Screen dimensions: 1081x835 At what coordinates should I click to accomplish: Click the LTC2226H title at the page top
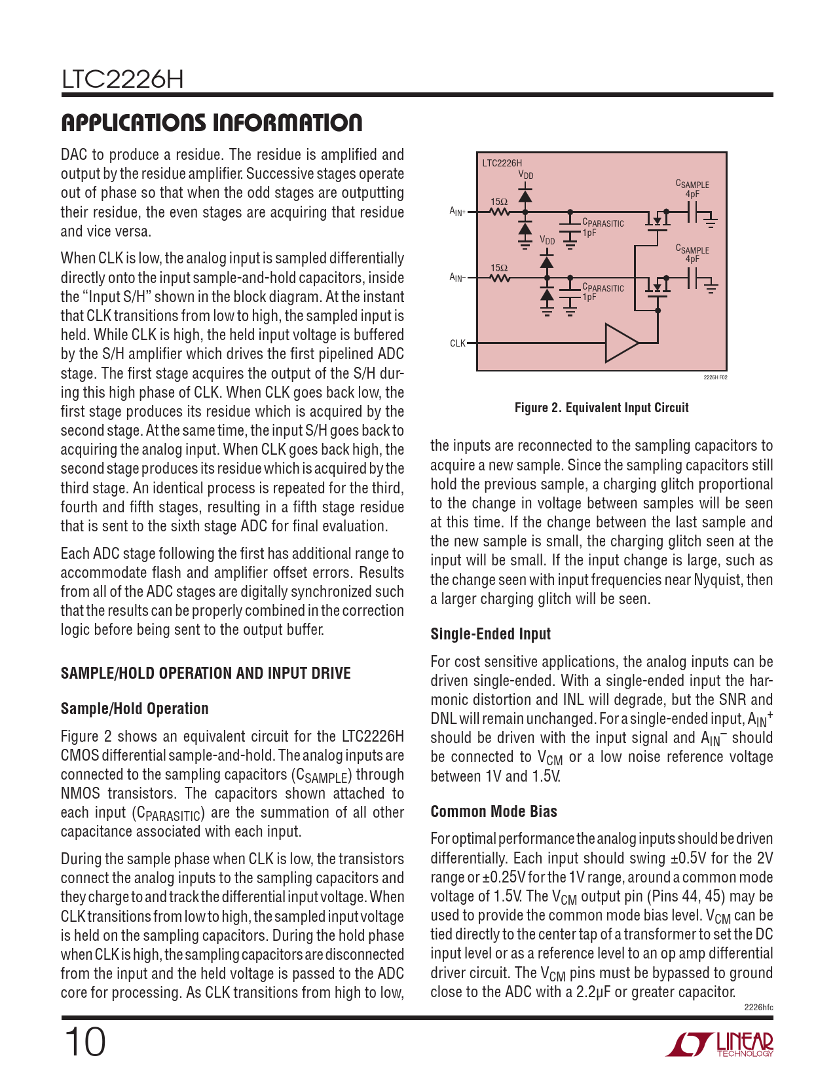click(x=122, y=80)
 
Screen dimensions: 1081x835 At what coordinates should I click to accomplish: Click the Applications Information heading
click(x=212, y=123)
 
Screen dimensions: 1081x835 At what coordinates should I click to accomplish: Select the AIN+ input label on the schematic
click(x=457, y=211)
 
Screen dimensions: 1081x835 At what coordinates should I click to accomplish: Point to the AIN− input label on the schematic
click(x=457, y=277)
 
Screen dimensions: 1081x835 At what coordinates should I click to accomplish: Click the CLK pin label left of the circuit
click(x=457, y=343)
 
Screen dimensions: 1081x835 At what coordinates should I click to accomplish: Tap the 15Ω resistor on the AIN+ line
click(x=500, y=212)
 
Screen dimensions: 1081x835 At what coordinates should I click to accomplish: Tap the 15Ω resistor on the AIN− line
click(x=500, y=278)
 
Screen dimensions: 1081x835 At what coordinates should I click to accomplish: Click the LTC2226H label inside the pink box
click(x=502, y=163)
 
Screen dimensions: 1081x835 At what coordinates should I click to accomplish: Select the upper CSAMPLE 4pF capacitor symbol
click(x=693, y=212)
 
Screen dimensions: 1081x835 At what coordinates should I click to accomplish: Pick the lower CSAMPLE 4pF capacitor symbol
click(x=693, y=278)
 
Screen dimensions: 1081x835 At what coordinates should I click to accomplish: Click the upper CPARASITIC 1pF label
click(x=603, y=227)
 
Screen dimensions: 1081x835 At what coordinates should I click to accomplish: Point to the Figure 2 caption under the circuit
click(x=601, y=408)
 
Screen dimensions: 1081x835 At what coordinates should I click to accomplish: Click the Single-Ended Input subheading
click(x=491, y=634)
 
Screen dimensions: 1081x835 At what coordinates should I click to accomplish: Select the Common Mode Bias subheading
click(x=494, y=812)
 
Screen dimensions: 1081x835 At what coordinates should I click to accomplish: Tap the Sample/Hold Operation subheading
click(x=134, y=709)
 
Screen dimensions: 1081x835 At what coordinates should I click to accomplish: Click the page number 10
click(x=84, y=1042)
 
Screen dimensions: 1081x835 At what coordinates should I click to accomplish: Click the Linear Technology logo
click(x=720, y=1044)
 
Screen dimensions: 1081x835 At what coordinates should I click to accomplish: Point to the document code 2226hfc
click(x=758, y=1008)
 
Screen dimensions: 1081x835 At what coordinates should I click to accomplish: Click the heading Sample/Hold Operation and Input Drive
click(x=206, y=673)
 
